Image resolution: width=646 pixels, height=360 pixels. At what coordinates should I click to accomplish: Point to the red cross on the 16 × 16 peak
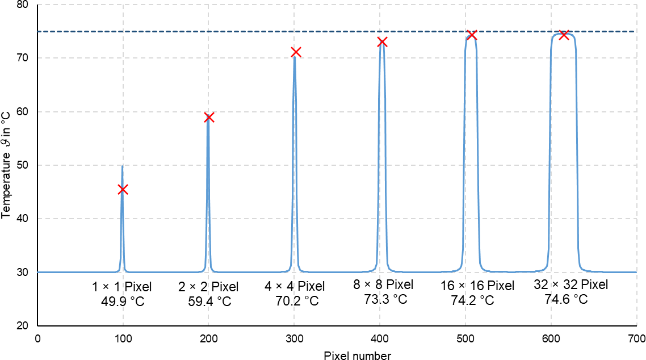(x=471, y=35)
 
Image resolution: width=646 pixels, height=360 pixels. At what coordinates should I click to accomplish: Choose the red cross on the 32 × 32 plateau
(x=564, y=35)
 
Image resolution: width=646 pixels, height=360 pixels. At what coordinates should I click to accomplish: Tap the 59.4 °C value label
(x=209, y=300)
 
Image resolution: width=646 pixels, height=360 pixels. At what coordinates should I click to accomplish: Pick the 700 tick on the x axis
(x=636, y=340)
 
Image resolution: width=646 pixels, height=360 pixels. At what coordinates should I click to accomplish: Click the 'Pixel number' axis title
(x=357, y=355)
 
